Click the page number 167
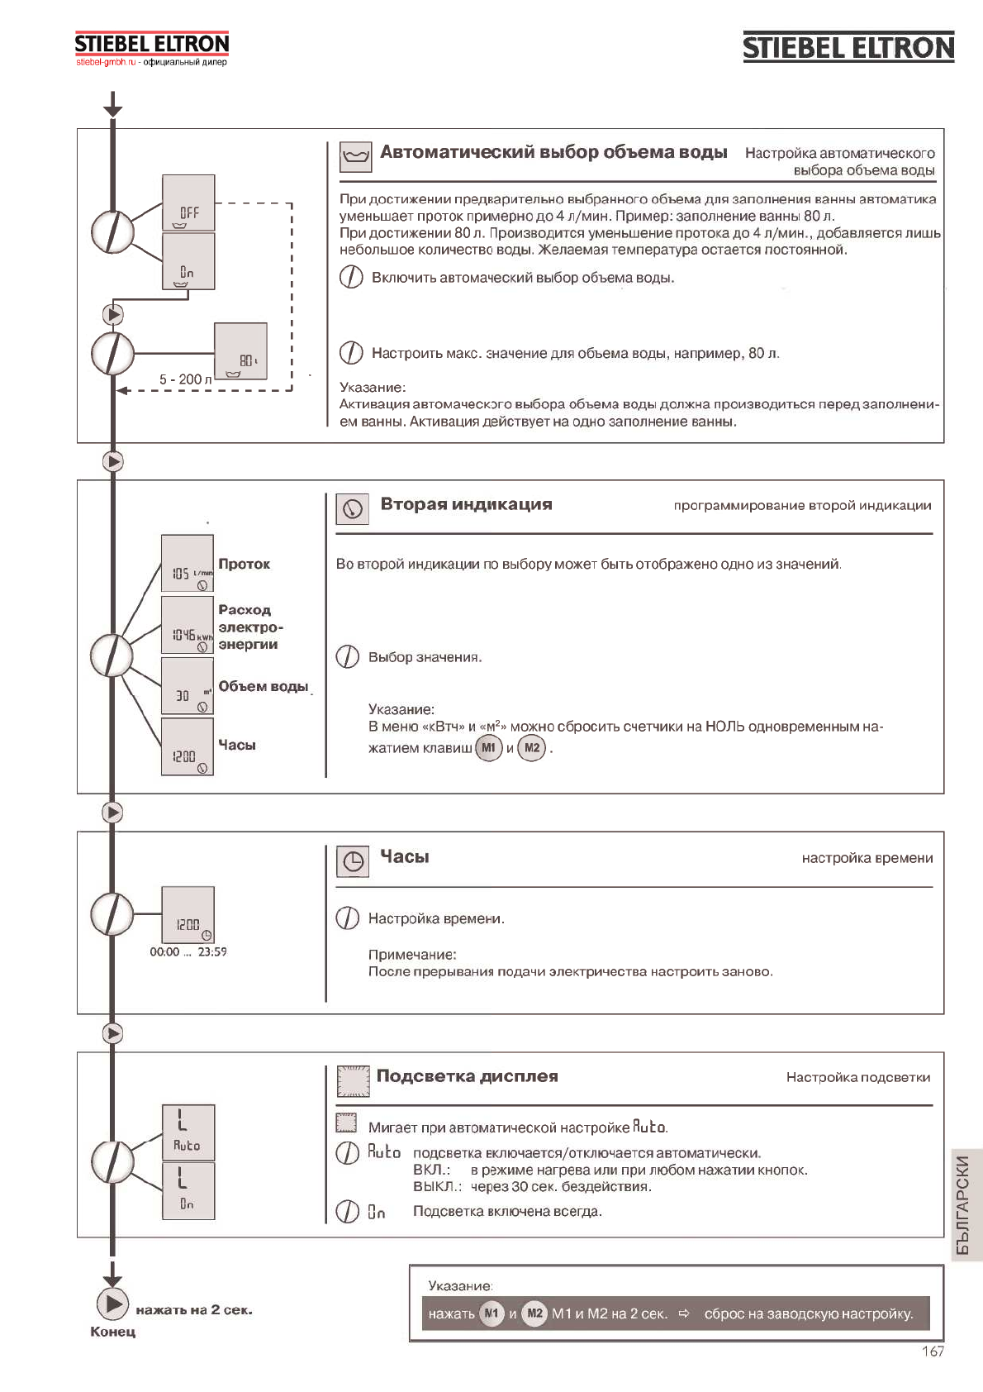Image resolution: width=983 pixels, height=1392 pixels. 933,1351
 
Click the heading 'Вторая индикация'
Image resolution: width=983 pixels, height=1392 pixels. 466,504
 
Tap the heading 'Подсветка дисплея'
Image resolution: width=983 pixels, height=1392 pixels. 467,1076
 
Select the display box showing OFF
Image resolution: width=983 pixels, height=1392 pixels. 188,203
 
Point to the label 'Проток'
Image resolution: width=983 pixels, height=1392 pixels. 244,564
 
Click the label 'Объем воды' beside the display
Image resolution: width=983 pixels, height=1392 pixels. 263,686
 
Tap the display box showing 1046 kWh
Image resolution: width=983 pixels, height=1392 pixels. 188,625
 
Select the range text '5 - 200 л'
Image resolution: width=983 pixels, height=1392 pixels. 185,379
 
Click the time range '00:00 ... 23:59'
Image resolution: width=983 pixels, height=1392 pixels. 188,951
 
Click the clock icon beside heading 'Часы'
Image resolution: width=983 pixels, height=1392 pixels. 353,861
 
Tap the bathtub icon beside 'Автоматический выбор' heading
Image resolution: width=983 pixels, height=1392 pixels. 356,156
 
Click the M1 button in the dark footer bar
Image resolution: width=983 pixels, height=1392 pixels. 491,1313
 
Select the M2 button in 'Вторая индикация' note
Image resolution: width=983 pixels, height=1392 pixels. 532,748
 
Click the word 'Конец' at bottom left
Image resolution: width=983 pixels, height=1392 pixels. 112,1332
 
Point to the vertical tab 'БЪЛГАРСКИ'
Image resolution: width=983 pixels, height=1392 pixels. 963,1204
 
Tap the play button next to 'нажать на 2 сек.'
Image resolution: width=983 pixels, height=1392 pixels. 112,1304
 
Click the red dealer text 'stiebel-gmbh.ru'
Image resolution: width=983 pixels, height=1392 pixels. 106,62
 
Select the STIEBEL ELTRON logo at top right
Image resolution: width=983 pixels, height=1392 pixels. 848,47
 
